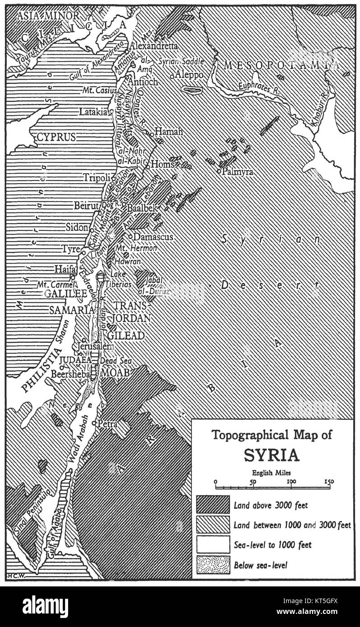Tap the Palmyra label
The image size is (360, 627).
(x=236, y=172)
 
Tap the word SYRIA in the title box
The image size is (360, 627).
(x=272, y=455)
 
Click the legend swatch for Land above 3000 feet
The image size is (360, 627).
(x=212, y=505)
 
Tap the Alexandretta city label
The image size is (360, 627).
(x=153, y=46)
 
